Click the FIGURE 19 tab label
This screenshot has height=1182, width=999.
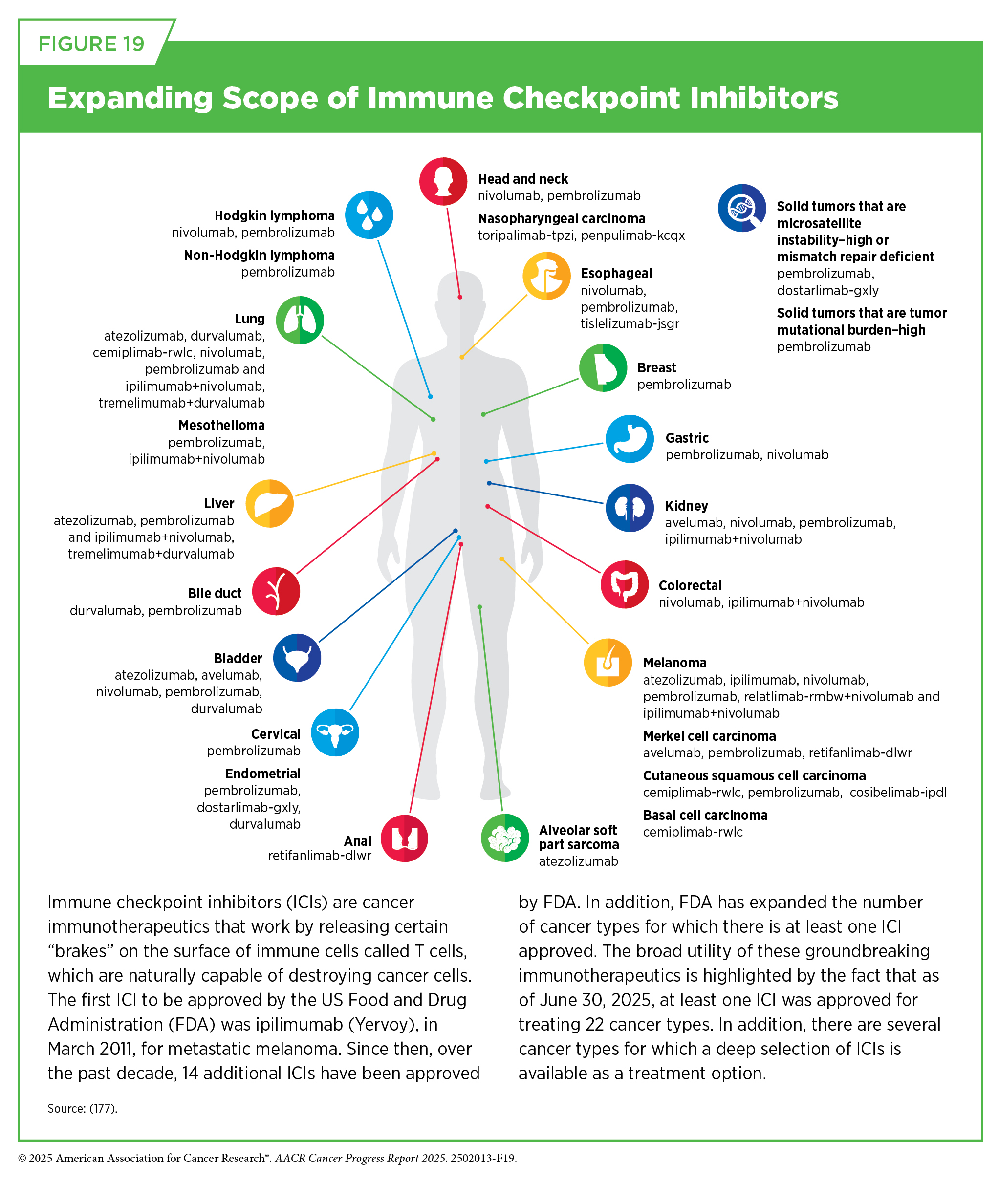point(91,43)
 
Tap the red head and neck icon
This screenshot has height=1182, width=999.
point(443,181)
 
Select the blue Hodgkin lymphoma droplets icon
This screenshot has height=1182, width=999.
point(369,215)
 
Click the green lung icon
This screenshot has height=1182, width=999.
point(300,320)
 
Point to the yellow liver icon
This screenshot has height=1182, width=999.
point(270,503)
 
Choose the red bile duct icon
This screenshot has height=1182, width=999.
point(276,591)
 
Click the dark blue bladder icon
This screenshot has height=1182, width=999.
point(297,657)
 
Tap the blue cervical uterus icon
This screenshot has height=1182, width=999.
point(335,732)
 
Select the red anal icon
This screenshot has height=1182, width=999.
point(404,838)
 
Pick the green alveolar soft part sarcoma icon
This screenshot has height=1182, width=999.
point(504,838)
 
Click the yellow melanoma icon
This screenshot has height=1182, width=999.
point(608,662)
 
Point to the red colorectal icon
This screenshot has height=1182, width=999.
point(625,584)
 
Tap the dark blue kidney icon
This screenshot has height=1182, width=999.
point(630,508)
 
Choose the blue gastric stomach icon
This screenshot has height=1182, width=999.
point(630,439)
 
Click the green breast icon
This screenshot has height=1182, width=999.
point(603,368)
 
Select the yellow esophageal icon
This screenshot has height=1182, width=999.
point(546,276)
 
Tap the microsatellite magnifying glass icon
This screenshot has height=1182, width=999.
point(742,208)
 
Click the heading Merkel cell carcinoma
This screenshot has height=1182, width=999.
point(710,736)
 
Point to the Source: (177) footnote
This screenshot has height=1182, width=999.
point(83,1108)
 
